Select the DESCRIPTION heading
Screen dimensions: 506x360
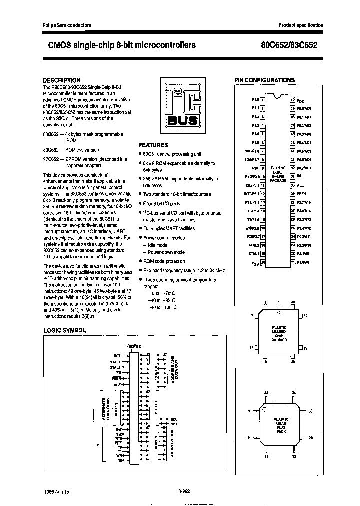[61, 80]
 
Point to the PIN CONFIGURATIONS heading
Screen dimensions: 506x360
[264, 80]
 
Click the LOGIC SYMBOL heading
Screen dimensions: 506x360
[65, 331]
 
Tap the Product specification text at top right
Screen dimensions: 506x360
[300, 25]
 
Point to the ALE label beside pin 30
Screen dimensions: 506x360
[300, 185]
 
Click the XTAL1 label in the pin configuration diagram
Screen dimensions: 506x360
[254, 254]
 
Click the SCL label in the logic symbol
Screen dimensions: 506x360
[174, 419]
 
